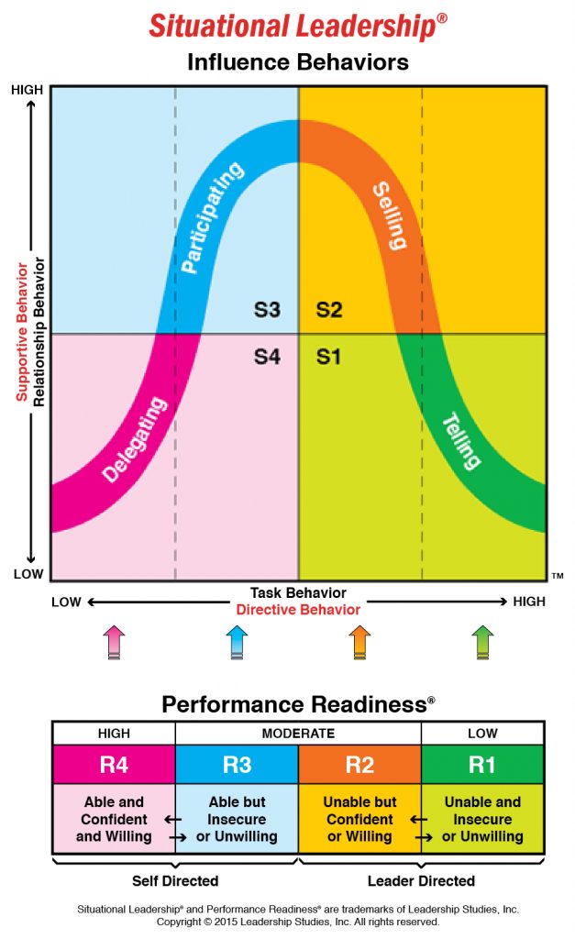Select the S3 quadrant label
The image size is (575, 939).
[x=267, y=310]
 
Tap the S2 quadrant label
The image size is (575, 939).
[x=329, y=310]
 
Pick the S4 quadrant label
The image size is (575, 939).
[x=267, y=357]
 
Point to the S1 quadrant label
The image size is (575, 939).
[x=329, y=357]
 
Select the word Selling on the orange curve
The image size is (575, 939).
[x=389, y=216]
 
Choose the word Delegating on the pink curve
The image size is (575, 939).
[x=136, y=439]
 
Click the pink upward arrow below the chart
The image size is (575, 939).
[x=113, y=641]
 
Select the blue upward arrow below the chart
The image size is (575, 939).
[x=237, y=641]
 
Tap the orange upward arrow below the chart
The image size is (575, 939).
[x=359, y=641]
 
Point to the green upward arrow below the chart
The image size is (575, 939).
[x=482, y=641]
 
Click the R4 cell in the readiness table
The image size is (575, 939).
[x=114, y=764]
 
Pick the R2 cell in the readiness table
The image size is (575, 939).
[x=359, y=764]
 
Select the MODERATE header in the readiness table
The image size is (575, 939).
[x=298, y=734]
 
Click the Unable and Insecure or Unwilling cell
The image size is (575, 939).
[x=482, y=819]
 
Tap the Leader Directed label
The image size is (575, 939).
[x=422, y=880]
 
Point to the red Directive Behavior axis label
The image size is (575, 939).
[x=298, y=609]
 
